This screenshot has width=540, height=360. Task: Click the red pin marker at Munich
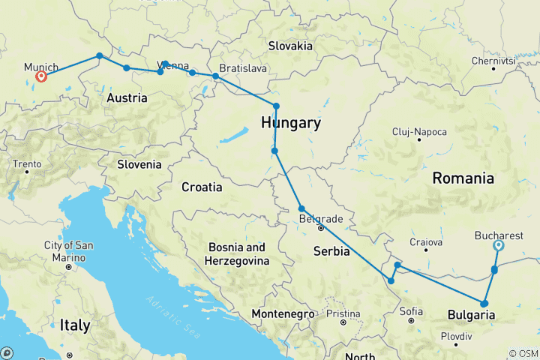pos(41,76)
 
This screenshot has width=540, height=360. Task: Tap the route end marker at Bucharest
pos(499,245)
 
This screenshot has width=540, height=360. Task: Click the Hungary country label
pos(291,123)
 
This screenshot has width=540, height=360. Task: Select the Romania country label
pos(463,178)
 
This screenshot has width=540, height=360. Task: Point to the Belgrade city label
pos(321,219)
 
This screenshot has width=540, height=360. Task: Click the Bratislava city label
pos(243,68)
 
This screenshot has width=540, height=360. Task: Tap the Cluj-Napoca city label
pos(419,132)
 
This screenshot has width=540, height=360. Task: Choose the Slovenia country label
pos(139,164)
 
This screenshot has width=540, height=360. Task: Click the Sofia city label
pos(411,310)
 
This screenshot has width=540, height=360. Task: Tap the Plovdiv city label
pos(456,336)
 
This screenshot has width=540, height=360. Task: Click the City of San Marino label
pos(68,251)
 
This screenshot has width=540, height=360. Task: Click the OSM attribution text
pos(523,353)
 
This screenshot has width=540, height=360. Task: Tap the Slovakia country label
pos(290,46)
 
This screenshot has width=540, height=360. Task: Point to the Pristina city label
pos(343,313)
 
